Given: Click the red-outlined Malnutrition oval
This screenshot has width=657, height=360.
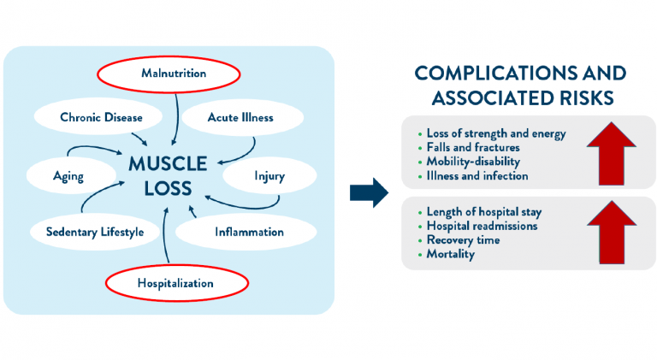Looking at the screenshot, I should pos(174,74).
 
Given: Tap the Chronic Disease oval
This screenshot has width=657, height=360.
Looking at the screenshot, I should pos(100,118).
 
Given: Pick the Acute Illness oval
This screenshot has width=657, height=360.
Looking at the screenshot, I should pos(240,118).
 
